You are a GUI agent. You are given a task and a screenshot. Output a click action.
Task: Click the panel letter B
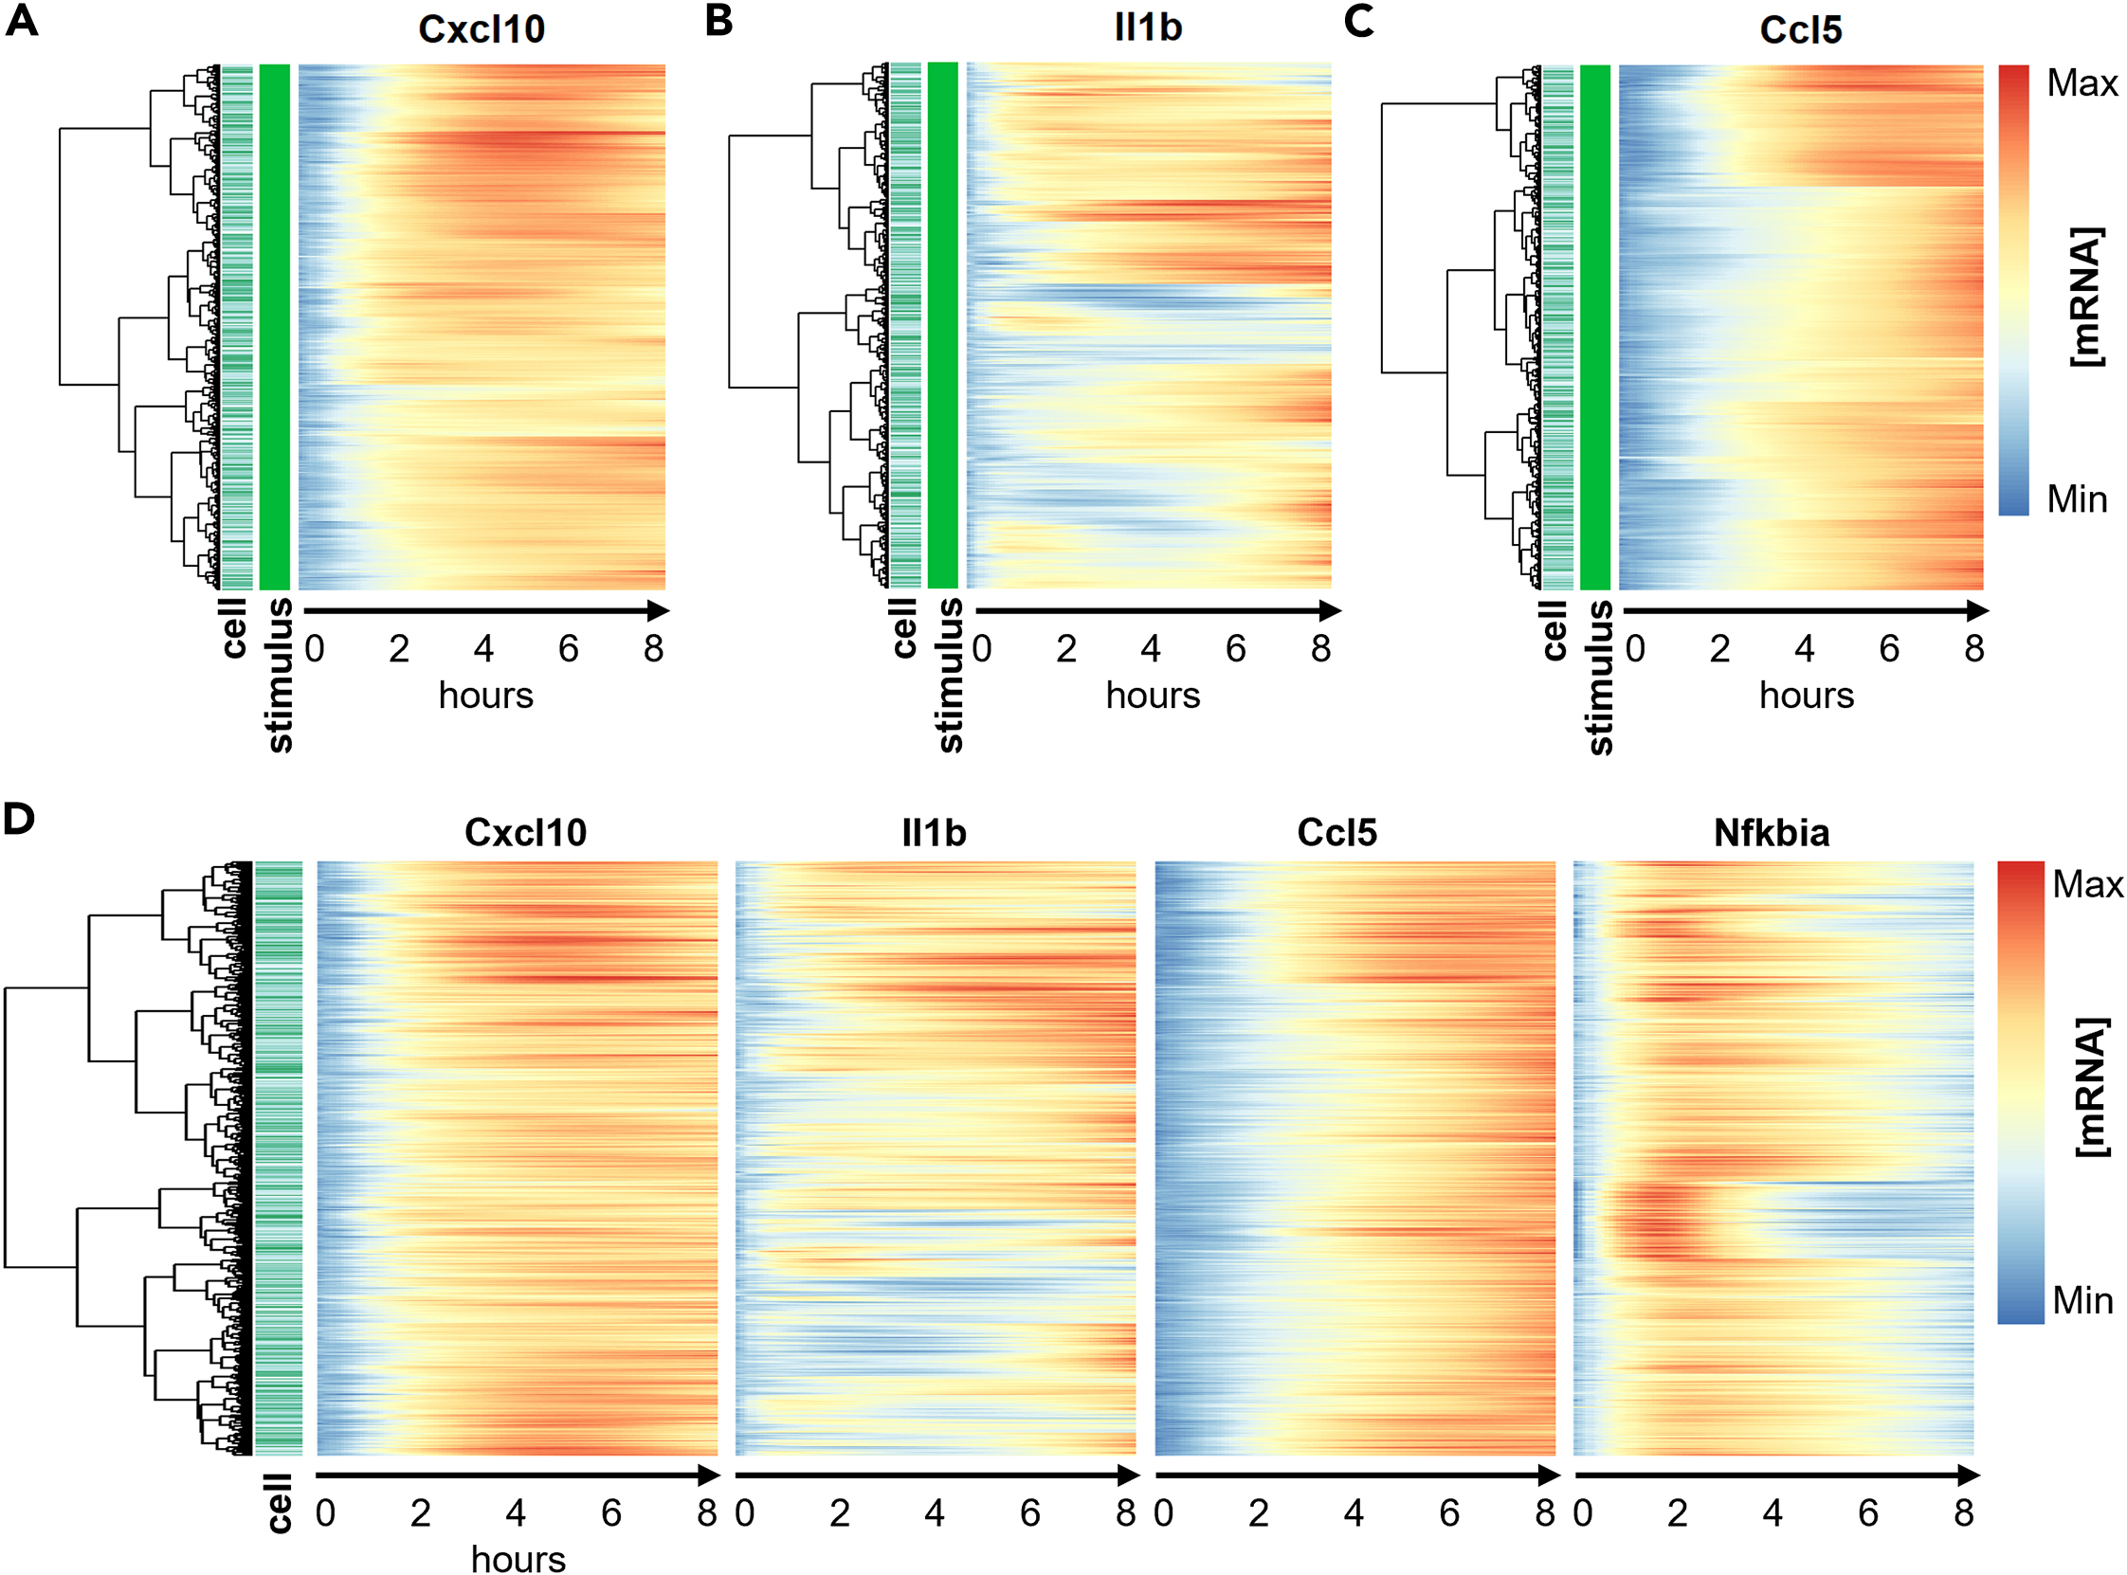click(x=719, y=21)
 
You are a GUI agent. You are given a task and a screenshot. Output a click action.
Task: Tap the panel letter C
click(x=1358, y=21)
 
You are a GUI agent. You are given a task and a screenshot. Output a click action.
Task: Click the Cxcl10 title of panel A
click(x=482, y=29)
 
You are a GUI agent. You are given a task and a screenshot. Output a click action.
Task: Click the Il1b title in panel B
click(x=1148, y=27)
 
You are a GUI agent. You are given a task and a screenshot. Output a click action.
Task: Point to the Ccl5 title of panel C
click(x=1800, y=30)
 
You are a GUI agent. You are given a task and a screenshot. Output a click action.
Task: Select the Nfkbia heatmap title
click(x=1772, y=833)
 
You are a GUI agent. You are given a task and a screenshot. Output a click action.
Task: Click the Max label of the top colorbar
click(x=2082, y=84)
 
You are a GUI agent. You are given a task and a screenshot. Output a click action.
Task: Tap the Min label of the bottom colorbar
click(x=2082, y=1300)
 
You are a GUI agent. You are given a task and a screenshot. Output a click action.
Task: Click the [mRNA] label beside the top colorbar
click(x=2086, y=297)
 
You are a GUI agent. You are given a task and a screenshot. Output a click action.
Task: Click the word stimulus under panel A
click(x=279, y=675)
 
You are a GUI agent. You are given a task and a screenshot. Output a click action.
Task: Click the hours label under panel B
click(x=1153, y=696)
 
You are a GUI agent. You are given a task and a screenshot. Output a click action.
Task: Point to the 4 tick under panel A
click(x=483, y=649)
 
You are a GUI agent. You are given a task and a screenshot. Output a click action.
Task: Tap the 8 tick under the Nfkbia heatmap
click(x=1963, y=1513)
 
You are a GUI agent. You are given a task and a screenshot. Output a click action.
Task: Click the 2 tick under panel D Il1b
click(x=839, y=1513)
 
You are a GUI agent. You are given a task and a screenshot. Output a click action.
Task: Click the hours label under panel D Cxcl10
click(x=518, y=1559)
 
